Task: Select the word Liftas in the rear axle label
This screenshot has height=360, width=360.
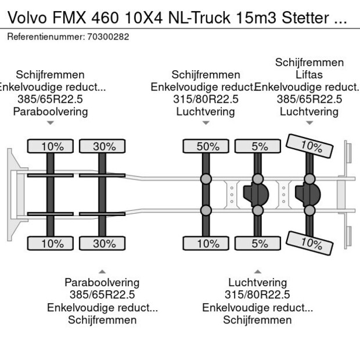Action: pos(309,75)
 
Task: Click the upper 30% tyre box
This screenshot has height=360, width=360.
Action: pos(102,146)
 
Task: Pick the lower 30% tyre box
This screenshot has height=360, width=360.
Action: pos(102,243)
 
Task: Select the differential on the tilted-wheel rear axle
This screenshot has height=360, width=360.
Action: pos(308,195)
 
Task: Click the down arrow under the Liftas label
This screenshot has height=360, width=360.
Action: pos(309,123)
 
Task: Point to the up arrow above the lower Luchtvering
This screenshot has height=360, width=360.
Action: pos(257,271)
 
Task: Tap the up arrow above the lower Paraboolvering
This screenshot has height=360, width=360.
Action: pos(102,271)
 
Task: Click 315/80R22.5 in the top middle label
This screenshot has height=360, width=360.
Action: pos(205,99)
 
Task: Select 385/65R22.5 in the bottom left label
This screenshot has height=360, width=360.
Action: pos(102,295)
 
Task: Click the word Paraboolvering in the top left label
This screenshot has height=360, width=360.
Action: pos(51,111)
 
